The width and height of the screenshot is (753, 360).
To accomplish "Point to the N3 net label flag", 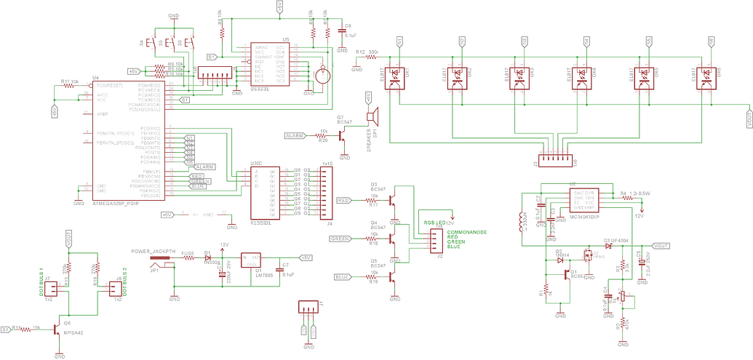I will coord(524,43).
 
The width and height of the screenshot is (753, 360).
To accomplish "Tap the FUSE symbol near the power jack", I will coord(187,257).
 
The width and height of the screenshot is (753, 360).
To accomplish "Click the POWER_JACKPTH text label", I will coord(154,251).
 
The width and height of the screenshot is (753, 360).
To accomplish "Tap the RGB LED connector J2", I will coord(438,237).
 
